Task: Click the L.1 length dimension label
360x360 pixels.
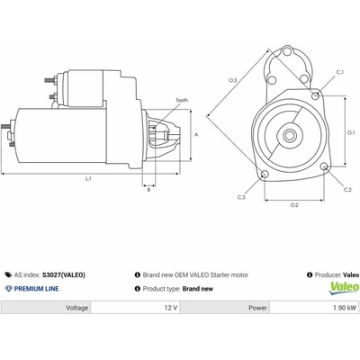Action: coord(88,178)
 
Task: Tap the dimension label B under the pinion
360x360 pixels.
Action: coord(148,190)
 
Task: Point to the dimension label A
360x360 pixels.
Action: coord(197,135)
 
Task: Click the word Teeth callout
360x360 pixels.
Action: coord(182,100)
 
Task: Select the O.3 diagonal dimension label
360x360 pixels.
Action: coord(233,80)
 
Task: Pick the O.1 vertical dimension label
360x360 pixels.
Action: coord(351,132)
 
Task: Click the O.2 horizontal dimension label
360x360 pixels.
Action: coord(294,205)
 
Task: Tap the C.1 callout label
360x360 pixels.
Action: coord(339,72)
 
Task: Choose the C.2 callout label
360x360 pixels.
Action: coord(347,190)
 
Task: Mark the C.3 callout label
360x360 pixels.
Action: coord(241,197)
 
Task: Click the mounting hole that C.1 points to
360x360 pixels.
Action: coord(315,96)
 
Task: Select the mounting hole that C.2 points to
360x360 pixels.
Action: coord(324,166)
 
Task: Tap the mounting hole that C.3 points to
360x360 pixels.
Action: coord(265,175)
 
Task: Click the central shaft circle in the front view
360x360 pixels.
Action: coord(290,136)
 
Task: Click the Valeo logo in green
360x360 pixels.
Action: coord(344,288)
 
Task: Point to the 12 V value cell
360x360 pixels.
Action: coord(135,308)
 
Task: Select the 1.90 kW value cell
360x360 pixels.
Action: coord(315,308)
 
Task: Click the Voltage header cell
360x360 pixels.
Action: coord(46,308)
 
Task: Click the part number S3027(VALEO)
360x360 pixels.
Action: coord(64,274)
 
